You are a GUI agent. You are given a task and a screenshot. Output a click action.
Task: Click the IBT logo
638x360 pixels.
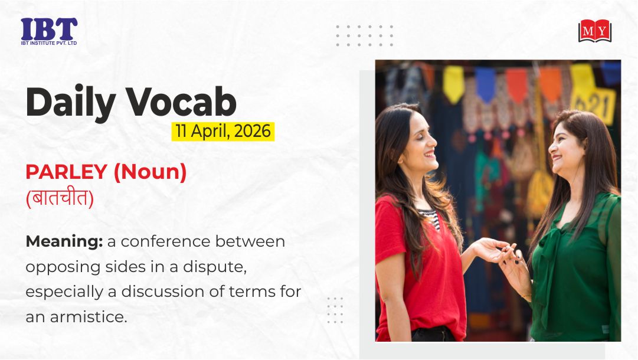coord(49,31)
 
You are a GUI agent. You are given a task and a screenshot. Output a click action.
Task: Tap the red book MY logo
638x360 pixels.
coord(595,31)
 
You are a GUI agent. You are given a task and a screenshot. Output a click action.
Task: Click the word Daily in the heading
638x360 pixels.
coord(71,102)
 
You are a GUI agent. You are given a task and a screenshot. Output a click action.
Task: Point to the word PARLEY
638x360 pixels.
coord(66,172)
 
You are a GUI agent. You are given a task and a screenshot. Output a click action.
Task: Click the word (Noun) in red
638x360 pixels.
coord(150,172)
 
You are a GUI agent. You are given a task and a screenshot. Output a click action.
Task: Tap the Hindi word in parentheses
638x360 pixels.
coord(60,199)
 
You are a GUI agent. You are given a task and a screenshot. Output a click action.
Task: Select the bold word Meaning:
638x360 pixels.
coord(64,242)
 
